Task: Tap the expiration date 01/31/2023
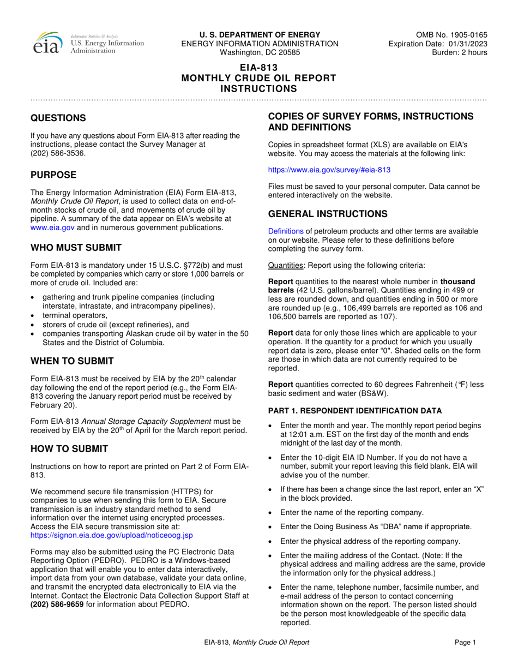click(470, 44)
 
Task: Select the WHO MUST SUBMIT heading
click(76, 248)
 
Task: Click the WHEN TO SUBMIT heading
click(72, 361)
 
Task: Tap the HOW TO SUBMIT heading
click(69, 448)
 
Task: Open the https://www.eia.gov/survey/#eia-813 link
click(329, 170)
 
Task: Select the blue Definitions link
click(286, 231)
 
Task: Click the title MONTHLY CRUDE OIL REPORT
click(258, 78)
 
